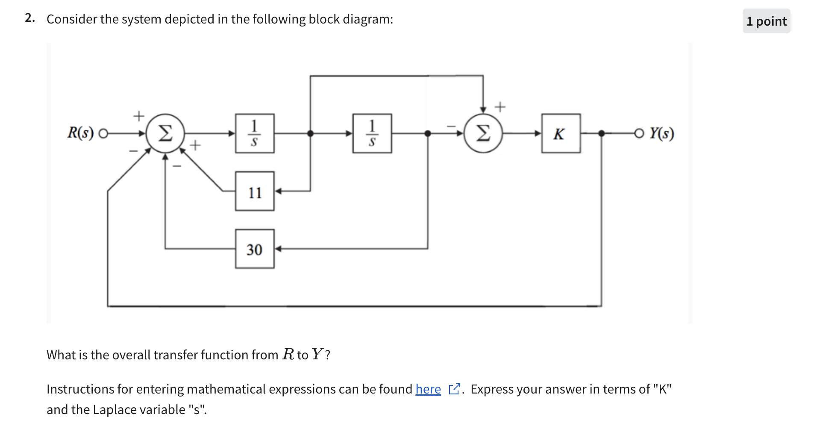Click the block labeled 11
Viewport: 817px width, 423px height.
click(x=255, y=191)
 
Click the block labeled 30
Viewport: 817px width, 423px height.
click(x=255, y=249)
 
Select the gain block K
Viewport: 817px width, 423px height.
click(x=561, y=133)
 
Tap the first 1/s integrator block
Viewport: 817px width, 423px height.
click(x=255, y=133)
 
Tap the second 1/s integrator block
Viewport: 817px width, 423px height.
click(x=372, y=133)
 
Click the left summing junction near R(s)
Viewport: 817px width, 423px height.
click(x=165, y=133)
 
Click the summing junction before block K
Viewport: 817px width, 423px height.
click(x=483, y=133)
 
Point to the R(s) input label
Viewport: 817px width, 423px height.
click(x=80, y=133)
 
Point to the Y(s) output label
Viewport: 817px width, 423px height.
click(x=662, y=133)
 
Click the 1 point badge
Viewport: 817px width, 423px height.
click(x=766, y=21)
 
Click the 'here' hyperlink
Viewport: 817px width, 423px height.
click(x=428, y=389)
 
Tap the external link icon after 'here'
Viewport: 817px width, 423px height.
click(x=454, y=389)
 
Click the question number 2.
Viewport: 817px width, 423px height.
click(x=29, y=18)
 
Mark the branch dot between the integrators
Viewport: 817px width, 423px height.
click(x=311, y=134)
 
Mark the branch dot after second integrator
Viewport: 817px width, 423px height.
click(x=428, y=134)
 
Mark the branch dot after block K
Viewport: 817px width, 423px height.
click(x=602, y=134)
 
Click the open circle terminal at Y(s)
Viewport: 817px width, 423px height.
click(x=639, y=134)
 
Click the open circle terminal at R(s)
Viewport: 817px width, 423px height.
click(x=103, y=134)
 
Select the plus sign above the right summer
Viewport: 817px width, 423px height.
click(x=500, y=106)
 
